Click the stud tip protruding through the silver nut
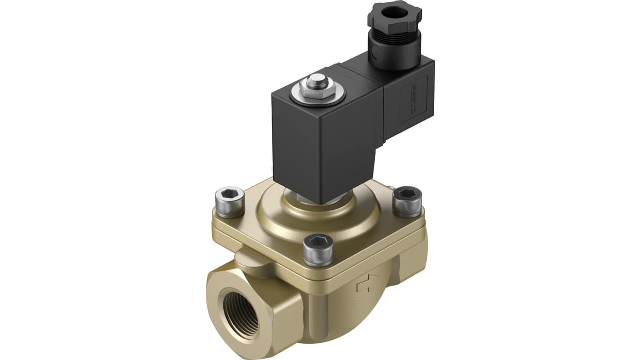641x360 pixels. click(x=318, y=82)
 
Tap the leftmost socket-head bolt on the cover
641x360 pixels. click(x=229, y=202)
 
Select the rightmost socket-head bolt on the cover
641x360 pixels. click(x=407, y=201)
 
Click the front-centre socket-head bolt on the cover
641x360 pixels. click(x=319, y=249)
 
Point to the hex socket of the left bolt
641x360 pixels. click(x=229, y=194)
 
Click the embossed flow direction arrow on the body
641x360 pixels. click(x=367, y=283)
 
